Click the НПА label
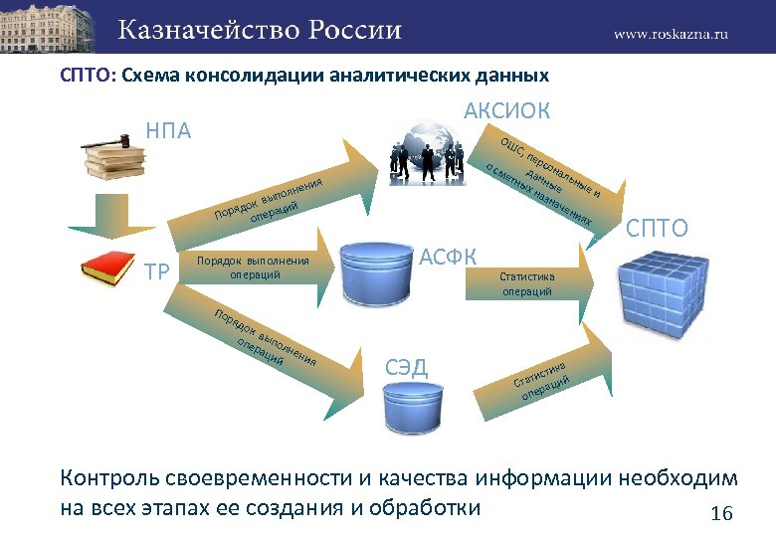tap(168, 130)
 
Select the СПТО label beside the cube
tap(656, 228)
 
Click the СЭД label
tap(406, 367)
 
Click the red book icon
tap(106, 269)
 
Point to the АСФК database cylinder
tap(376, 268)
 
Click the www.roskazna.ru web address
tap(671, 32)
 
